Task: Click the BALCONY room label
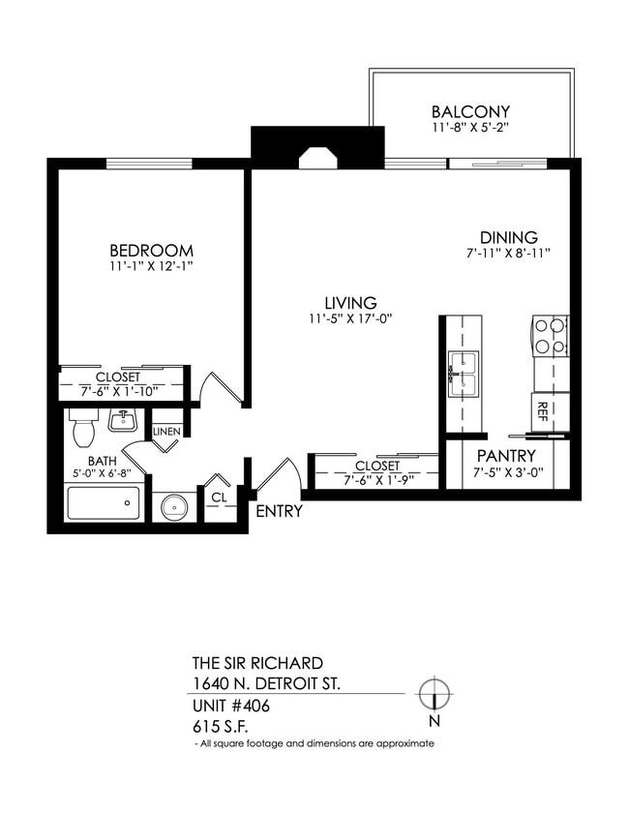(470, 112)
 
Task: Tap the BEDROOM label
(151, 250)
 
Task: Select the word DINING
(509, 238)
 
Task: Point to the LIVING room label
(349, 302)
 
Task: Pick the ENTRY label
(279, 511)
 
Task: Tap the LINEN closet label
(166, 431)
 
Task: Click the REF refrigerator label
(543, 411)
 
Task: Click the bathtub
(103, 503)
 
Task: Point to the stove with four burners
(550, 335)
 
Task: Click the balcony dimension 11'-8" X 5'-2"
(470, 127)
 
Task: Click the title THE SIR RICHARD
(257, 664)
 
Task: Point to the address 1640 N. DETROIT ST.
(266, 684)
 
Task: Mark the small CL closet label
(218, 497)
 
